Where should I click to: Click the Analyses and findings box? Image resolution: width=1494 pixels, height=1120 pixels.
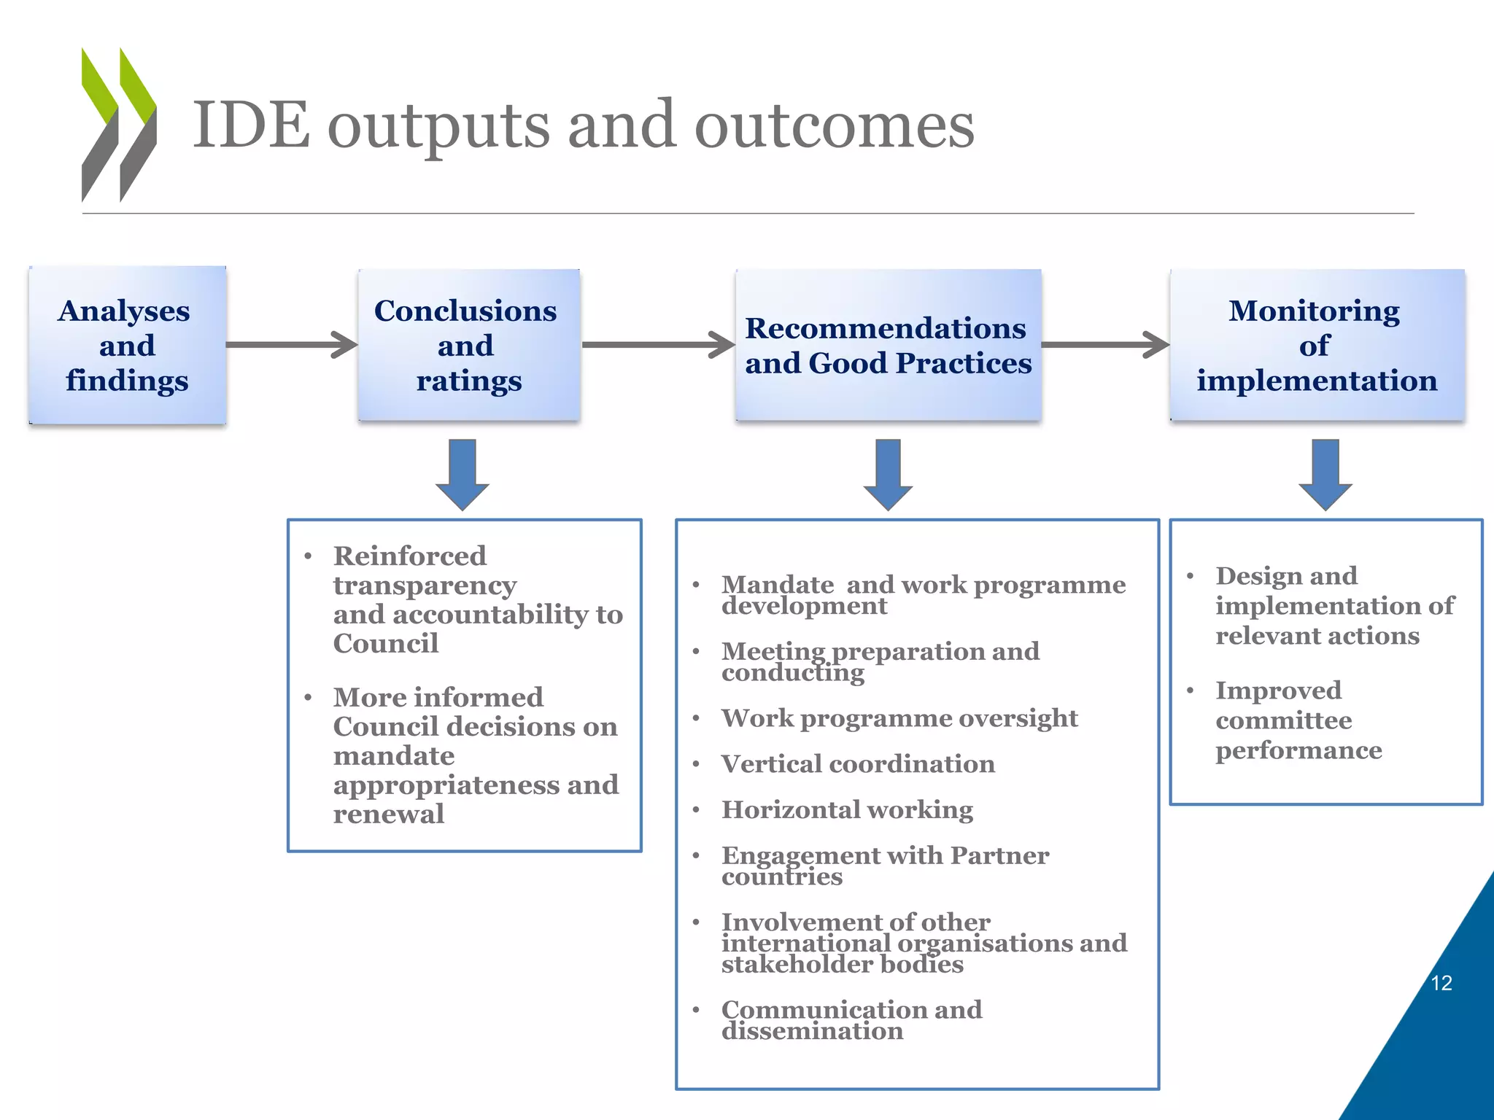click(x=127, y=345)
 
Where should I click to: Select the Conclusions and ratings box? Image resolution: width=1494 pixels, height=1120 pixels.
click(x=468, y=345)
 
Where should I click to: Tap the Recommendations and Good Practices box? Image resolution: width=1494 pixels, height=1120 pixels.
click(x=888, y=345)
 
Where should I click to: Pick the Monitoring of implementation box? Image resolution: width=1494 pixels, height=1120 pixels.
click(x=1317, y=345)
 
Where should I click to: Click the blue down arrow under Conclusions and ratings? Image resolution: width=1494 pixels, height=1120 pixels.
click(x=462, y=474)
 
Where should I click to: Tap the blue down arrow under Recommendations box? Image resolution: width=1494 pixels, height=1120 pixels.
click(x=888, y=474)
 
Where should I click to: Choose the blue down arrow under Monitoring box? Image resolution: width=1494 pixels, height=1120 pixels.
click(x=1325, y=474)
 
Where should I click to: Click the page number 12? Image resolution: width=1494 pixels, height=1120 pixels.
click(x=1441, y=983)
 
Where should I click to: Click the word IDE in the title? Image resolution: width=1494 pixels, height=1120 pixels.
click(x=251, y=125)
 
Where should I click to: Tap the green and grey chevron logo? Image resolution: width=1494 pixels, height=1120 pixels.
click(x=119, y=125)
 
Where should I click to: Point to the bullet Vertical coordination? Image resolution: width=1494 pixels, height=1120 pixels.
click(x=858, y=763)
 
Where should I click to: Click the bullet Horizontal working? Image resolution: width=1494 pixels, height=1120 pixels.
click(x=847, y=809)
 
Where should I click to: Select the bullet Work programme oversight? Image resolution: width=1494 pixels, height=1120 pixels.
click(x=899, y=717)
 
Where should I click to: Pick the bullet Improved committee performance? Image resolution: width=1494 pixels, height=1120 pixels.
click(x=1298, y=720)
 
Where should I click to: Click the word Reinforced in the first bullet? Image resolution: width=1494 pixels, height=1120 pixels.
click(x=410, y=556)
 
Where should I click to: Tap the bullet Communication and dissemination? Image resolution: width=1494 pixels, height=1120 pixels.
click(x=851, y=1019)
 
